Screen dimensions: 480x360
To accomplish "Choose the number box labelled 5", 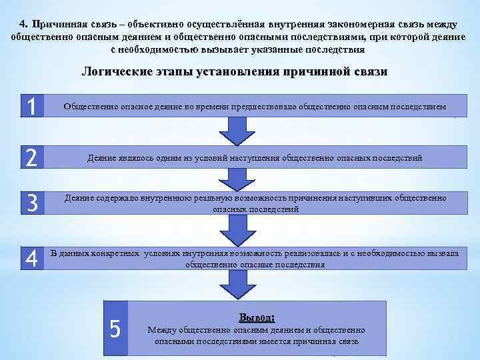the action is (x=115, y=328).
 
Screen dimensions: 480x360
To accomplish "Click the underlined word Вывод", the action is (x=256, y=317).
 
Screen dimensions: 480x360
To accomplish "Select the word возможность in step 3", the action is (x=264, y=198).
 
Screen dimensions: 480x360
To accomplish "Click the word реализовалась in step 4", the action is (x=316, y=254).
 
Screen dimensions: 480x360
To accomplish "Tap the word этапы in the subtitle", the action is (x=171, y=72).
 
